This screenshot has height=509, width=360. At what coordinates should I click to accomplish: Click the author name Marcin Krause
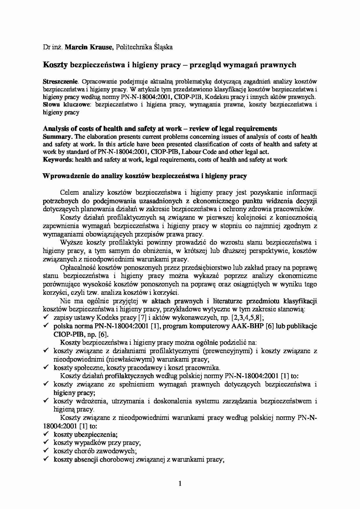point(89,47)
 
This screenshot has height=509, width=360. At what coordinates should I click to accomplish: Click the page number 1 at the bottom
point(180,483)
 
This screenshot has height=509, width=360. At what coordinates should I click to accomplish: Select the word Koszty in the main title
point(55,65)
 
